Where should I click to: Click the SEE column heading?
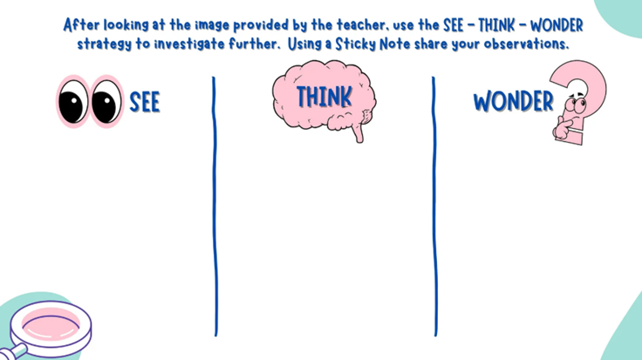(x=145, y=102)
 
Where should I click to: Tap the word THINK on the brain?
(x=324, y=98)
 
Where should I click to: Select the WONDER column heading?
(x=514, y=102)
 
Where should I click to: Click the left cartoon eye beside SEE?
(x=73, y=101)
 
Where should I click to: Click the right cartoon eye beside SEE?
(x=106, y=101)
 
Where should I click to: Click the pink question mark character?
(x=577, y=102)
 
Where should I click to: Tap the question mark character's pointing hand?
(x=563, y=129)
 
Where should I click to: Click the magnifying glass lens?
(x=51, y=323)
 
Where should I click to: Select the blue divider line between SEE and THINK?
(x=215, y=207)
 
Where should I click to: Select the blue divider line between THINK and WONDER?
(x=434, y=207)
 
